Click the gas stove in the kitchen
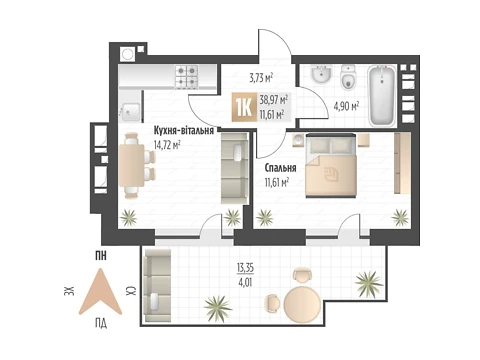tap(187, 76)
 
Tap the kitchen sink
tap(131, 111)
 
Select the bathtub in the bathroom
tap(382, 96)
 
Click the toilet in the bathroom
tap(349, 77)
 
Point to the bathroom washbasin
tap(321, 74)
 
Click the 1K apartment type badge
tap(244, 107)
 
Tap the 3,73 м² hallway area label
tap(261, 78)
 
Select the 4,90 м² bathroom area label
tap(346, 106)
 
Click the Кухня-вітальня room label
tap(184, 130)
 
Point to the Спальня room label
tap(280, 168)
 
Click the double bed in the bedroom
tap(332, 166)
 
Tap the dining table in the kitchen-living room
tap(132, 166)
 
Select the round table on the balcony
tap(302, 304)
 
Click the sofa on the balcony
tap(157, 285)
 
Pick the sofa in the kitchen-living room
tap(235, 168)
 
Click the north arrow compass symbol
tap(100, 292)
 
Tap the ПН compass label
tap(101, 256)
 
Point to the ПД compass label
tap(101, 323)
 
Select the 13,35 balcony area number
tap(245, 267)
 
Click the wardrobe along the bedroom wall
tap(402, 163)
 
